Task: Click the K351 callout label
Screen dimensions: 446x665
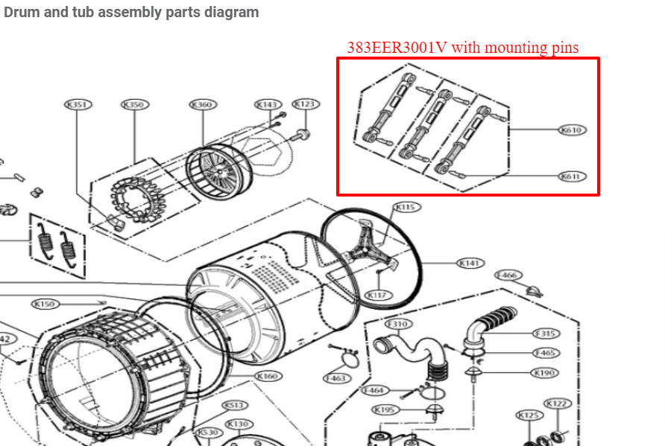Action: coord(78,105)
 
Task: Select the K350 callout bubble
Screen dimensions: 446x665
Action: coord(133,105)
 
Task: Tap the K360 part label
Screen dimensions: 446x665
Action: coord(202,105)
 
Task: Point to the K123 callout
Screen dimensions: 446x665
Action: coord(305,104)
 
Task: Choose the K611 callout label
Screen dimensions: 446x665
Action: coord(573,176)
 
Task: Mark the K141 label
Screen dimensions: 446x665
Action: coord(470,263)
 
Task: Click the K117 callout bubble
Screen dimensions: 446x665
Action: coord(378,296)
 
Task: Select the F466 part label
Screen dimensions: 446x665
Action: coord(508,275)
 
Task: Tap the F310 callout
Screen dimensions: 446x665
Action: coord(397,324)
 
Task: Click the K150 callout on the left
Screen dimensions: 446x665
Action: coord(45,304)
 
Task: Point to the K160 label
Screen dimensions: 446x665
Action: coord(267,377)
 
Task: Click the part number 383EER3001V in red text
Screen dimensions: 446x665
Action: coord(397,48)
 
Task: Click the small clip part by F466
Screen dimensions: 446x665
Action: coord(534,290)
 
